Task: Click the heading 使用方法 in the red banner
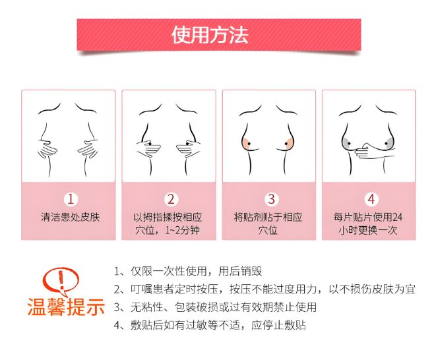tap(210, 35)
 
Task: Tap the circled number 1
tap(71, 199)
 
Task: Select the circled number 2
tap(171, 199)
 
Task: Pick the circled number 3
tap(271, 199)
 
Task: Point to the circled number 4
tap(371, 199)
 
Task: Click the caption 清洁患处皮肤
tap(71, 217)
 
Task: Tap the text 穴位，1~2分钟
tap(168, 230)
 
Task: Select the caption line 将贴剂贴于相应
tap(268, 217)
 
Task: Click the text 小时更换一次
tap(368, 230)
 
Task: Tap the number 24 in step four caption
tap(397, 217)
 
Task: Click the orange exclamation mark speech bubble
tap(61, 282)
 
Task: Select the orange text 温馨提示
tap(66, 307)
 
